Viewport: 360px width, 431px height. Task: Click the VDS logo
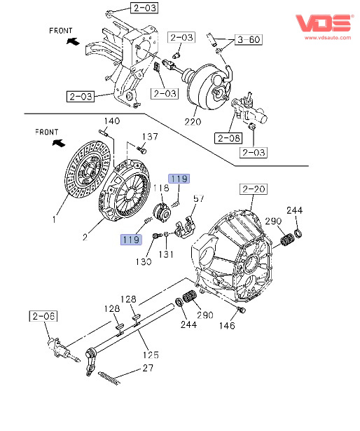pyautogui.click(x=324, y=23)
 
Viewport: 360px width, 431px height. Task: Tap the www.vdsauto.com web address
pyautogui.click(x=328, y=38)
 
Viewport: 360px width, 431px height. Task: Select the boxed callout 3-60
pyautogui.click(x=249, y=39)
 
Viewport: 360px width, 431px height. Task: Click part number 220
pyautogui.click(x=193, y=121)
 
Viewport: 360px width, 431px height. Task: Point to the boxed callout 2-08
pyautogui.click(x=228, y=138)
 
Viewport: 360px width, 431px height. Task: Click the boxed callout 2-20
pyautogui.click(x=254, y=189)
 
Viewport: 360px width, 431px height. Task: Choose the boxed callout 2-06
pyautogui.click(x=43, y=316)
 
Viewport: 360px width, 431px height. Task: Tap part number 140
pyautogui.click(x=112, y=121)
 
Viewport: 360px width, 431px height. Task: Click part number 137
pyautogui.click(x=150, y=137)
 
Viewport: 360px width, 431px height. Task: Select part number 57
pyautogui.click(x=198, y=198)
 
